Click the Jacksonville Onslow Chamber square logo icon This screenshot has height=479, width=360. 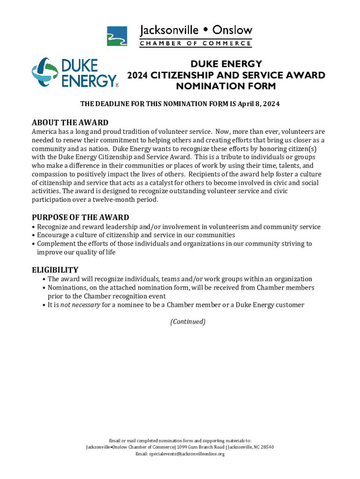[x=117, y=36]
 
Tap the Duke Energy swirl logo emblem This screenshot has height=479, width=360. [x=45, y=72]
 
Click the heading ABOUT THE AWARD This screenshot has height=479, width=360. [x=70, y=123]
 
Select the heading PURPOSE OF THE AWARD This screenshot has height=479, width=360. [x=80, y=217]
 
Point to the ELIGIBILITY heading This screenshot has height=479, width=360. [x=55, y=269]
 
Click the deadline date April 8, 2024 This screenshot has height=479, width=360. [x=259, y=104]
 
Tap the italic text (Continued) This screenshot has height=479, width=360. [x=187, y=322]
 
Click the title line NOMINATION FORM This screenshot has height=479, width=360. [x=226, y=86]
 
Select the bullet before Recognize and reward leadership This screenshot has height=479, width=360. [x=34, y=227]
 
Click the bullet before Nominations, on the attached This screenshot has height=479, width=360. [x=44, y=288]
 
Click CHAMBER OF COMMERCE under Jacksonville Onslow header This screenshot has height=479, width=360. [x=196, y=44]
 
